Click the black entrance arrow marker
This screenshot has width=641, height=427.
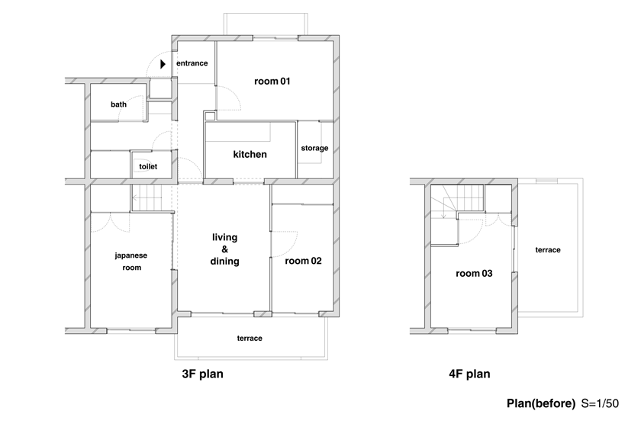(x=163, y=64)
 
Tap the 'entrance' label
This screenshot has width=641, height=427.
(x=192, y=63)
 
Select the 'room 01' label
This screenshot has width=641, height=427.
(x=272, y=82)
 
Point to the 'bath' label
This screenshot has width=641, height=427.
(x=118, y=104)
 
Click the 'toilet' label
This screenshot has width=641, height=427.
(x=148, y=166)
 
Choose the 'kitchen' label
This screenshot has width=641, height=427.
(x=250, y=155)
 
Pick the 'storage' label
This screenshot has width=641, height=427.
(x=314, y=148)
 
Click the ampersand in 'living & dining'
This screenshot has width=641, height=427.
(x=225, y=249)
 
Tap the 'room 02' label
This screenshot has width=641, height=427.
(x=304, y=261)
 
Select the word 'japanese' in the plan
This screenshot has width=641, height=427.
(x=130, y=255)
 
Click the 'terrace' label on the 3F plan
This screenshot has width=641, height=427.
(x=250, y=339)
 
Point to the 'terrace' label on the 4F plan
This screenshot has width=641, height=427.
(x=548, y=249)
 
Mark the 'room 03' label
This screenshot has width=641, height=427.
(x=474, y=274)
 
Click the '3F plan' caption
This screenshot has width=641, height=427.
(x=203, y=374)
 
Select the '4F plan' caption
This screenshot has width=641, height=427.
(x=470, y=374)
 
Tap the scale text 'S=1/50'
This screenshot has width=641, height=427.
(x=600, y=403)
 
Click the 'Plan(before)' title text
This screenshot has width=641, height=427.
(x=541, y=403)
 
